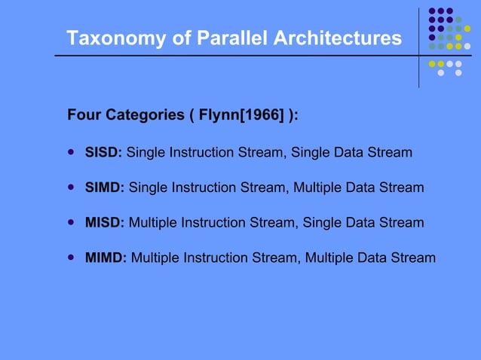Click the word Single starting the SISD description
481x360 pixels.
click(145, 153)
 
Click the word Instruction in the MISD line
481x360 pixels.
click(213, 223)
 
